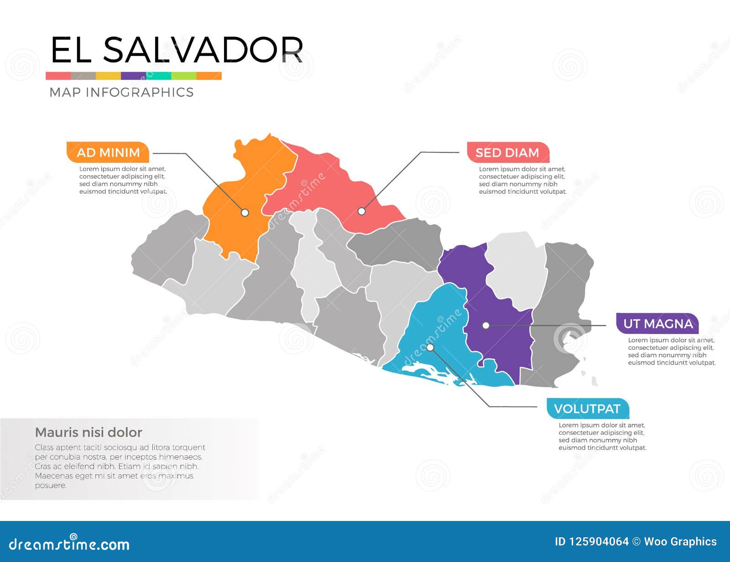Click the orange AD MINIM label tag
coord(108,152)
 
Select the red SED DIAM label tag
coord(507,153)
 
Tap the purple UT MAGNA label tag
coord(657,324)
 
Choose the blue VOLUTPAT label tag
coord(587,408)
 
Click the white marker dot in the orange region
coord(245,212)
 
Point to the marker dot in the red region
coord(361,211)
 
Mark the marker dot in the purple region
coord(486,325)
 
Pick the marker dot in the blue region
coord(430,347)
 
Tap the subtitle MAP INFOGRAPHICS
coord(121,92)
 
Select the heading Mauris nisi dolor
coord(89,432)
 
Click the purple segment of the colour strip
coord(133,76)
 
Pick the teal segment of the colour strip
coord(158,76)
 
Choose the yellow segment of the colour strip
coord(108,76)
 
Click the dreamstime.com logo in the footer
coord(69,543)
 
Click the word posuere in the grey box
coord(51,485)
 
